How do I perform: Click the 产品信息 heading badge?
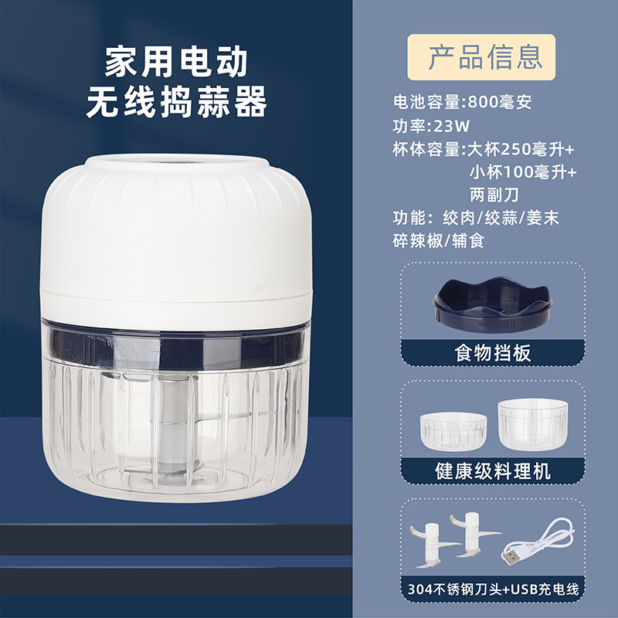481,57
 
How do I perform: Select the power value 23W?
452,126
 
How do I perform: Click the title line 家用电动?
176,62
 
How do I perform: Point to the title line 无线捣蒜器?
176,102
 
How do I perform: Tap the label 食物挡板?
493,353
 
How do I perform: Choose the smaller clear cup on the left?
453,431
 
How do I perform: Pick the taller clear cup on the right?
532,424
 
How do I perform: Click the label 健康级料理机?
493,471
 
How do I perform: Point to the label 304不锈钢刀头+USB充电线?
493,589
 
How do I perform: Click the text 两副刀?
494,195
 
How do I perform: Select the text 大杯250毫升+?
521,149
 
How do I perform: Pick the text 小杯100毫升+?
523,171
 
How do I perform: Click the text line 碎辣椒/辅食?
438,241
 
